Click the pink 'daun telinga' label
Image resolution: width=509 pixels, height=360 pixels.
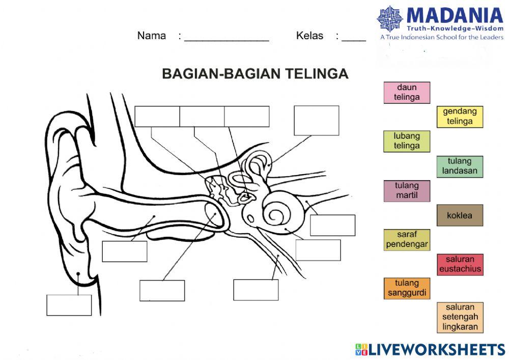[407, 93]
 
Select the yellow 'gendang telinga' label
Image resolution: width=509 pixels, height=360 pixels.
[460, 117]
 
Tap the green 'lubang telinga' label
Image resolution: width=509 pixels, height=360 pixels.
[407, 141]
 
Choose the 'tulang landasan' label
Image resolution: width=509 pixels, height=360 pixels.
[460, 166]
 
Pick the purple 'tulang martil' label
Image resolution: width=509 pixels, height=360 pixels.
[407, 190]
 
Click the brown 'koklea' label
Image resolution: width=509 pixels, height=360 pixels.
[460, 215]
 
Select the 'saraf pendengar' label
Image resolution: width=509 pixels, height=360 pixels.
[407, 240]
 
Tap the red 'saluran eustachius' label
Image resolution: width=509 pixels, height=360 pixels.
[460, 264]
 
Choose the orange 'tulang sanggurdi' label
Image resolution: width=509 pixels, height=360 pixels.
[407, 288]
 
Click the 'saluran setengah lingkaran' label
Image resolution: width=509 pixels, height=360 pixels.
[460, 317]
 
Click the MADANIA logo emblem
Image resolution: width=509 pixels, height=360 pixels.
[390, 19]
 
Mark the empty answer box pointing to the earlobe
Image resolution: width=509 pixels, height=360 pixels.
[69, 305]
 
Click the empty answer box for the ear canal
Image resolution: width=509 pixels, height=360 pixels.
[125, 251]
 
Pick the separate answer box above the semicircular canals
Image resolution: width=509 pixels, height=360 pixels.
[316, 121]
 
